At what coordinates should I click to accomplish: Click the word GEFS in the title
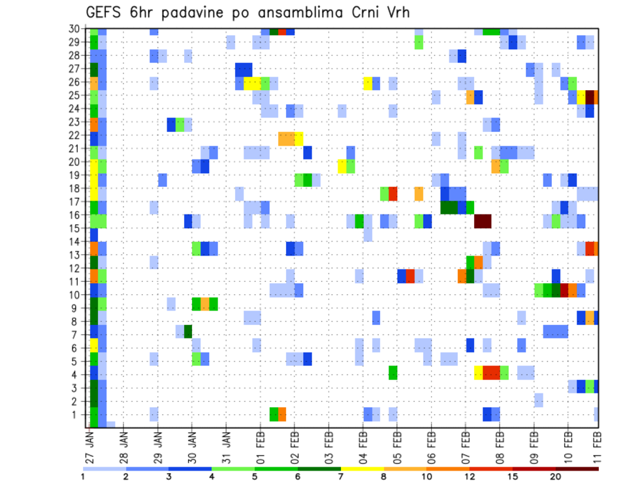point(105,12)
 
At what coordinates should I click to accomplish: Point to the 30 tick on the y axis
point(75,29)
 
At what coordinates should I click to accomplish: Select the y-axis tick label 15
point(75,228)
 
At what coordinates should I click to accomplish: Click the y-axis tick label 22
point(75,135)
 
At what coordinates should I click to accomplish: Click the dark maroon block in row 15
point(483,221)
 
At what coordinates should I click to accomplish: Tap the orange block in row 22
point(286,139)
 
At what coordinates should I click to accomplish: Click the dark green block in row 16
point(449,207)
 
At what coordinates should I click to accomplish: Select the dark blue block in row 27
point(244,69)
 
